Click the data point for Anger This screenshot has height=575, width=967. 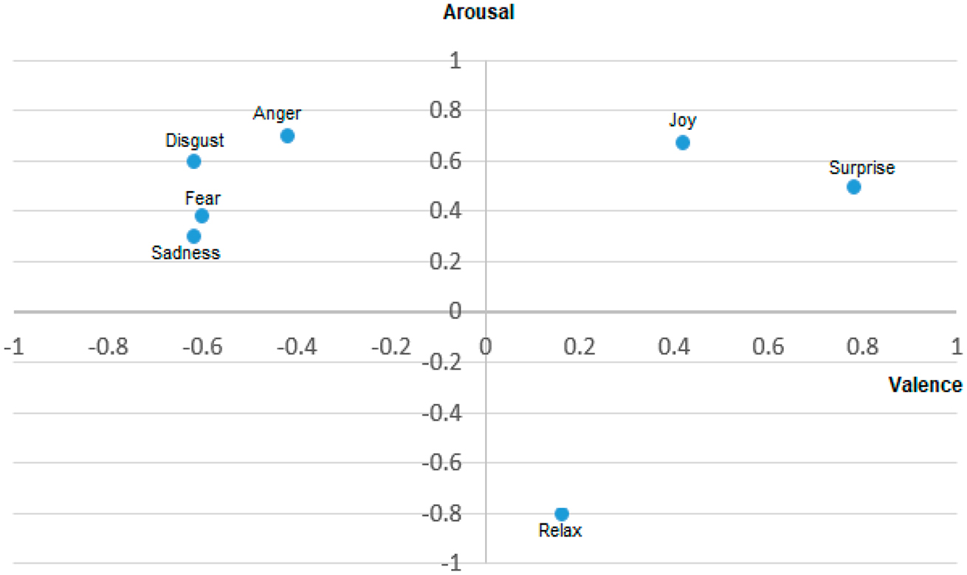click(288, 136)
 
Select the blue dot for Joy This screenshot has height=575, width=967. click(683, 142)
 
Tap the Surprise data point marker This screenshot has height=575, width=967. click(853, 187)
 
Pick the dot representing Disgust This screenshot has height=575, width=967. click(194, 161)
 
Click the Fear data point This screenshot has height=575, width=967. click(202, 216)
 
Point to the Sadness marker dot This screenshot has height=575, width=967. click(194, 236)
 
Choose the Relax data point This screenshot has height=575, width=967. click(562, 514)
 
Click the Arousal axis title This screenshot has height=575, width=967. click(478, 13)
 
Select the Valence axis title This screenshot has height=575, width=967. click(925, 385)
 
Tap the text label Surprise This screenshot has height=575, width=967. click(861, 168)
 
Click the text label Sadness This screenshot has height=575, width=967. click(186, 253)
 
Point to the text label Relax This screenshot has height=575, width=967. click(560, 531)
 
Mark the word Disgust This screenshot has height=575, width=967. click(194, 140)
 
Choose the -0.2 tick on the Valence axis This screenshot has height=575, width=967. click(390, 347)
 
